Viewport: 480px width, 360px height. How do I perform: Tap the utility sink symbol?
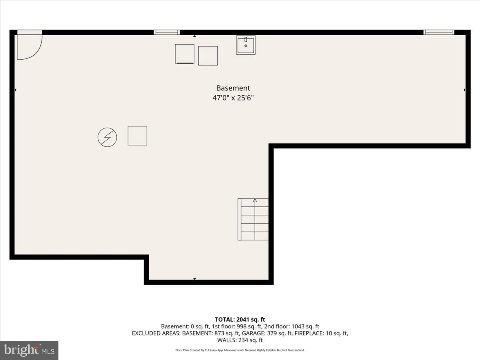coord(246,45)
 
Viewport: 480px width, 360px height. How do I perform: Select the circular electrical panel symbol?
coord(107,138)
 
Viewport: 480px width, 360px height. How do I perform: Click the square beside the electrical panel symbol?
coord(137,136)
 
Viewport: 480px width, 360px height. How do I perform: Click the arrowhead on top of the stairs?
coord(255,200)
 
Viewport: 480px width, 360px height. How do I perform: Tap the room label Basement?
coord(233,88)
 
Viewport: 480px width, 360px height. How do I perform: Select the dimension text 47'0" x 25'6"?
coord(233,98)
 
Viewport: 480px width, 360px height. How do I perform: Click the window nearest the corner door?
coord(167,32)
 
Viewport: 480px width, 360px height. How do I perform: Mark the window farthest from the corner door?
coord(439,32)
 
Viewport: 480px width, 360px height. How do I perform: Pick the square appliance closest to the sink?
coord(208,56)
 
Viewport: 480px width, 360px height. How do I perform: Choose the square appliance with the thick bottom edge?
coord(184,54)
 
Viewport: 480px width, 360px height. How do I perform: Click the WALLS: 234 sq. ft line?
coord(240,340)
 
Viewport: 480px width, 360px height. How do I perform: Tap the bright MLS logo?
coord(29,350)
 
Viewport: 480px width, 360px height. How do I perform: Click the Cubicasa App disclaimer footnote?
coord(240,350)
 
